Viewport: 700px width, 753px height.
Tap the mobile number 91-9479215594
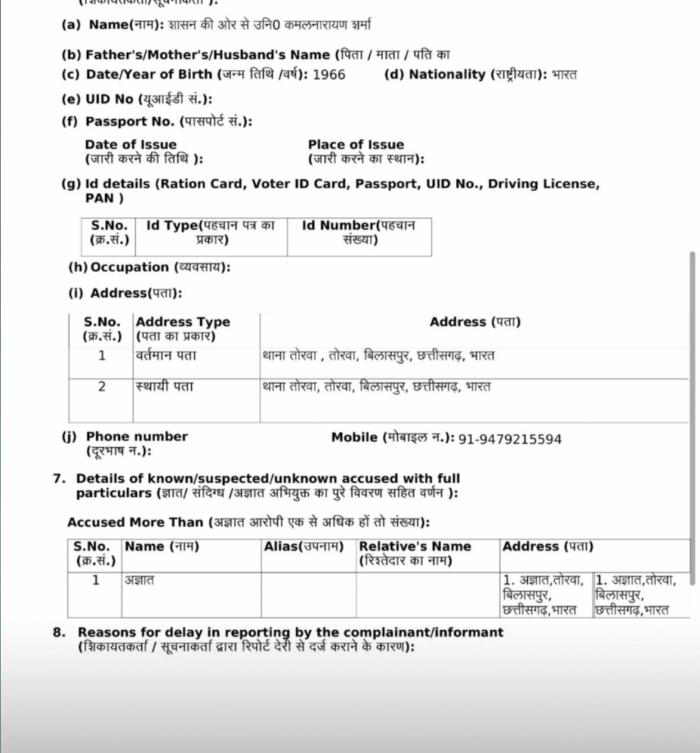pyautogui.click(x=510, y=439)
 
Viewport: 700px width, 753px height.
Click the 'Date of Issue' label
pyautogui.click(x=131, y=145)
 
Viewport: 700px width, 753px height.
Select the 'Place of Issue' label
pyautogui.click(x=356, y=145)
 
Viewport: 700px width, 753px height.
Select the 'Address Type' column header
pyautogui.click(x=183, y=322)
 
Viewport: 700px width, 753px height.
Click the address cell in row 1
pyautogui.click(x=378, y=356)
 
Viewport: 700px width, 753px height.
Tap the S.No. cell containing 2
pyautogui.click(x=102, y=387)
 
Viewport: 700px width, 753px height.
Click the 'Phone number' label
pyautogui.click(x=137, y=436)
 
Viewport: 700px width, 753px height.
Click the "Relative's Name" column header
pyautogui.click(x=415, y=546)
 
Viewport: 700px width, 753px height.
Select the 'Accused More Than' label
pyautogui.click(x=135, y=522)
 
